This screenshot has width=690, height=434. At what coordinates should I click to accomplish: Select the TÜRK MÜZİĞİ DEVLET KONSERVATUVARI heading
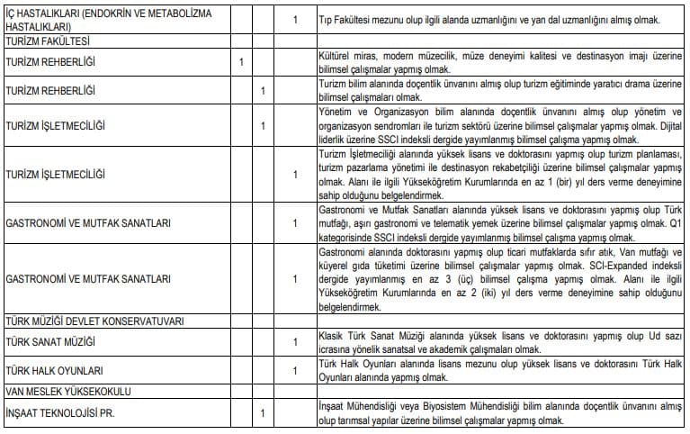[94, 321]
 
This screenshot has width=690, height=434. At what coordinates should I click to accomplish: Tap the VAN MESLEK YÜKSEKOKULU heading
[68, 391]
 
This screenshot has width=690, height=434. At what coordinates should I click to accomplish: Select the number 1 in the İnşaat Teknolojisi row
[262, 413]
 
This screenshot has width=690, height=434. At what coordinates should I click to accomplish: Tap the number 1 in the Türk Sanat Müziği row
[295, 343]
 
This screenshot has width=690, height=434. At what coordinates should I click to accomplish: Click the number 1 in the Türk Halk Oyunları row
[295, 370]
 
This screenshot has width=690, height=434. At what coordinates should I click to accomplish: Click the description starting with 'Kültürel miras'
[499, 62]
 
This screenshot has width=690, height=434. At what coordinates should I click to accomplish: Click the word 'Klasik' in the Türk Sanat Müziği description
[334, 337]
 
